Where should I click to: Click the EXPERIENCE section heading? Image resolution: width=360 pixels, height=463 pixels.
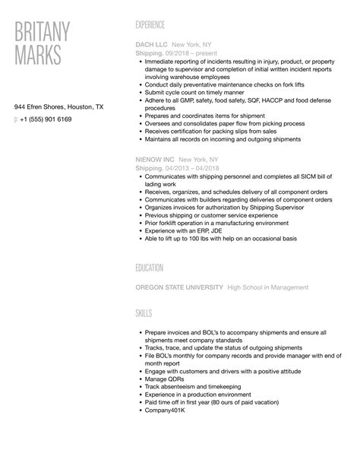[x=155, y=25]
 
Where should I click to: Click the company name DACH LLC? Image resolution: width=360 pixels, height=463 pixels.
[x=151, y=45]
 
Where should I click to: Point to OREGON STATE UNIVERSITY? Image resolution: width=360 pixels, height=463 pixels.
[x=179, y=287]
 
